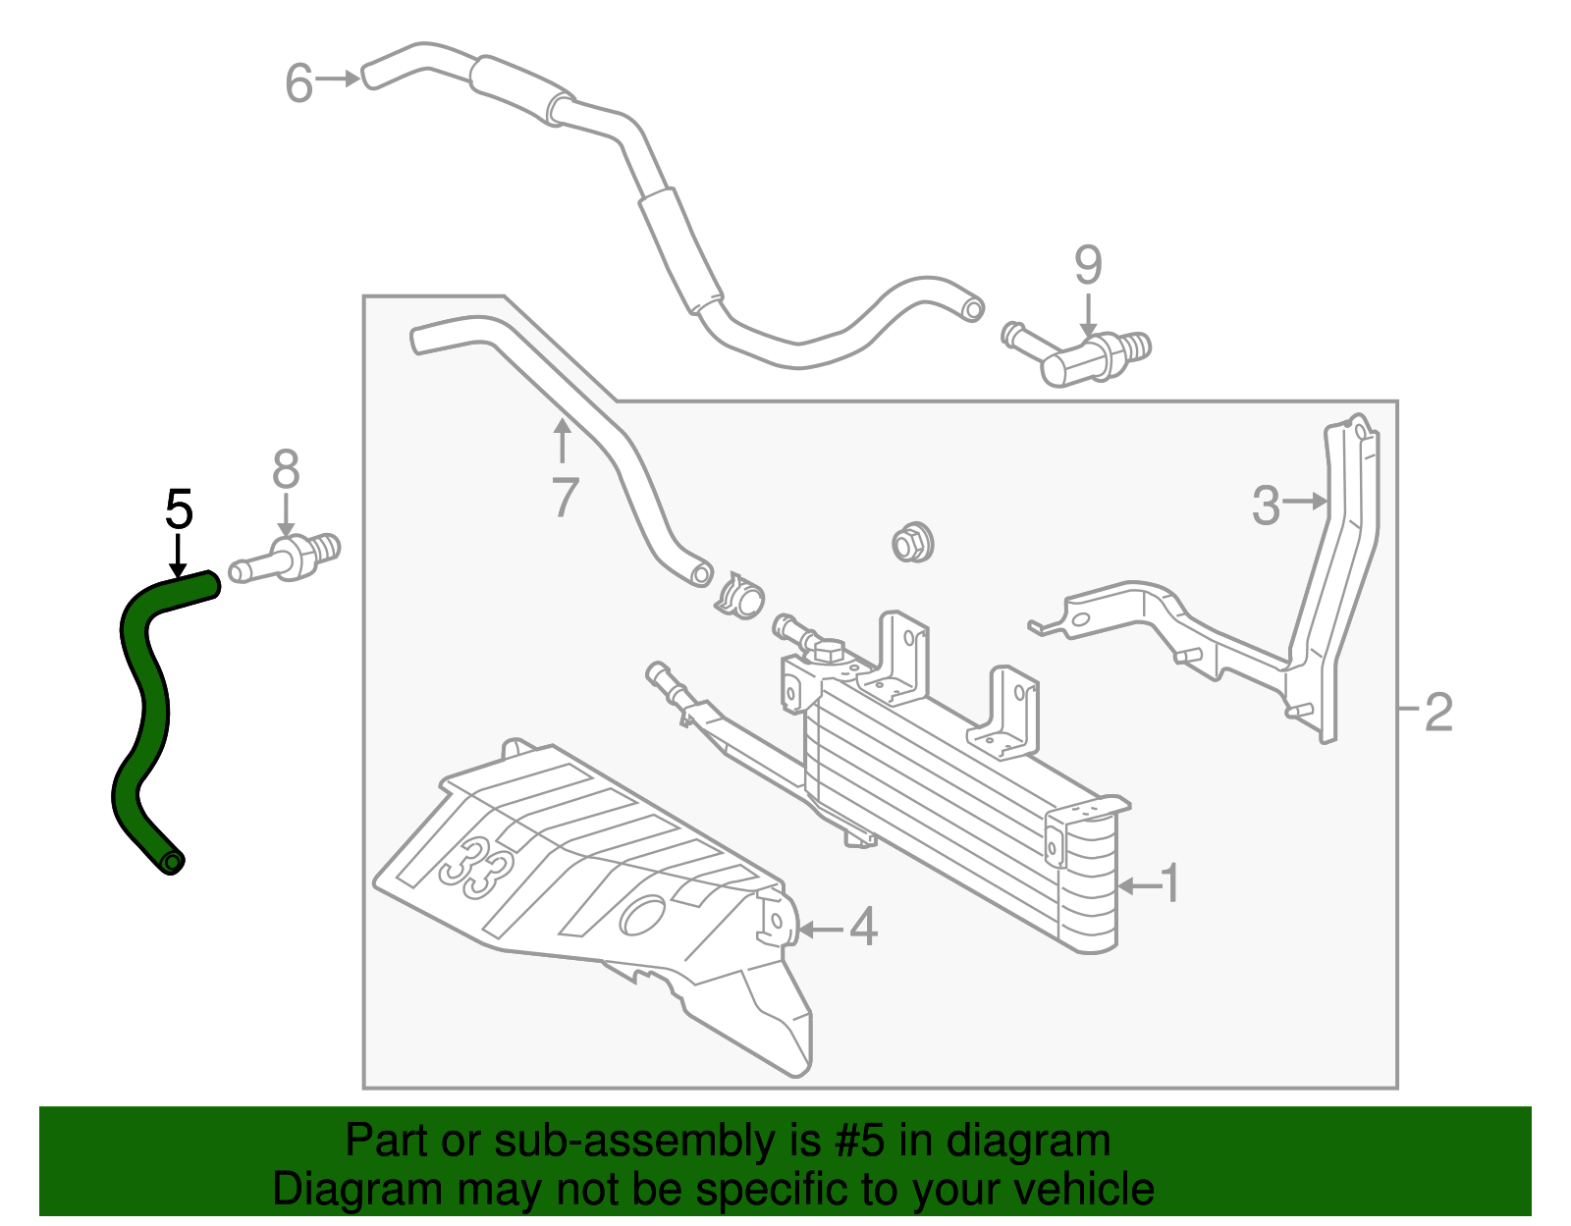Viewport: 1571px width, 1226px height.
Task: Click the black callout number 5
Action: [179, 509]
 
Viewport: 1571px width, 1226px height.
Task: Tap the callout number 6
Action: [298, 82]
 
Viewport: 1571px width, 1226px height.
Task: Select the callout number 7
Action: [564, 497]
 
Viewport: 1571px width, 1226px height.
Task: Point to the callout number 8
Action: [286, 470]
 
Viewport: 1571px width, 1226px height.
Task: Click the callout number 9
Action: [1088, 265]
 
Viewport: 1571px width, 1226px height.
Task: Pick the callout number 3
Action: [1266, 506]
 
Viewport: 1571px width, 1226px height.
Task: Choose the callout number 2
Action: [1437, 712]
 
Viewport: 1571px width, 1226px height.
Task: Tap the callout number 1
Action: [1169, 884]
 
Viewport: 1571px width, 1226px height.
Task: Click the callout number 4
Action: [862, 927]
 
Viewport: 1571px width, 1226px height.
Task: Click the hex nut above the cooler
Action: [912, 542]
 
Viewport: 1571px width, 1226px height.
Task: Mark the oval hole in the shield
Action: [642, 915]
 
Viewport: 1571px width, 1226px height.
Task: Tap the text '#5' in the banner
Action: [861, 1142]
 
